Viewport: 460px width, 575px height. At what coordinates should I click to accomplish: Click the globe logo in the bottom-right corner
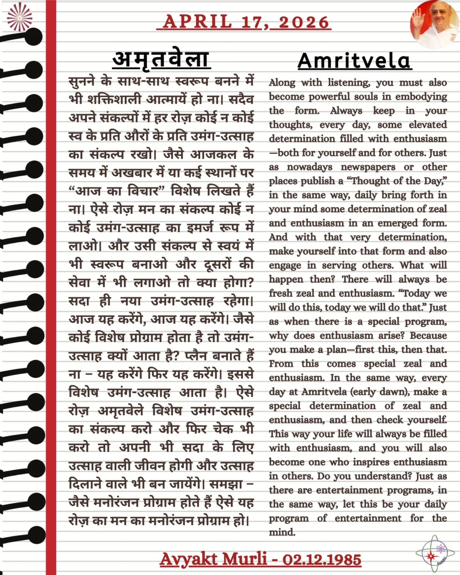tap(435, 554)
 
